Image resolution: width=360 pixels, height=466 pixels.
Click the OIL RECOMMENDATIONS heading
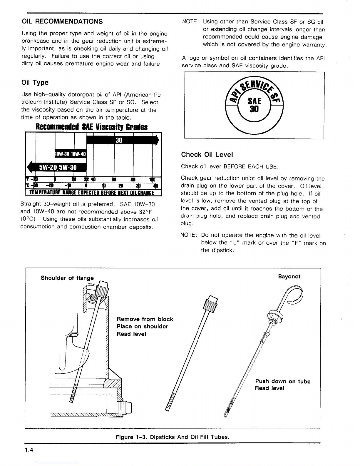coord(62,21)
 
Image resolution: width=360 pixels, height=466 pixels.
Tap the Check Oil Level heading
coord(207,155)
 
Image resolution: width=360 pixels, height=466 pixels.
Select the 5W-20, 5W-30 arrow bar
coord(57,167)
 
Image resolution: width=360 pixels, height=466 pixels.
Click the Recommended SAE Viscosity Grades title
coord(91,127)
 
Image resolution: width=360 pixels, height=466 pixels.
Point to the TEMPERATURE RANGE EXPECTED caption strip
coord(94,193)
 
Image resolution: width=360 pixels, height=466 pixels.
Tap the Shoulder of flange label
coord(67,278)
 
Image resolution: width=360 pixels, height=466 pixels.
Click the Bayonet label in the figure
coord(289,277)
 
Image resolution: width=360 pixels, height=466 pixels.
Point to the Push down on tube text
coord(283,381)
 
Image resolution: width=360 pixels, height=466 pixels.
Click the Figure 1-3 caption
coord(172,437)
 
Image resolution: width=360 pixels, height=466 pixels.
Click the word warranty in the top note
coord(316,45)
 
